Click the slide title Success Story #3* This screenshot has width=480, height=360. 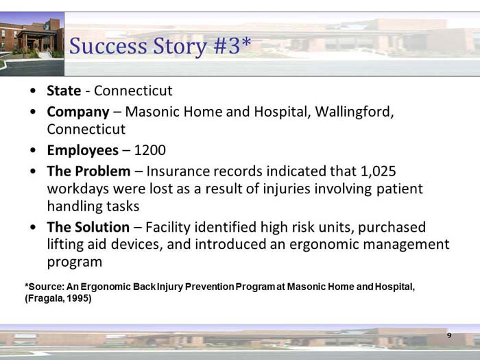(x=160, y=47)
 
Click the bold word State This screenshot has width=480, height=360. (x=64, y=91)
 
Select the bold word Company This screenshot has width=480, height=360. (x=77, y=111)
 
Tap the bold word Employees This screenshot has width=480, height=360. (x=82, y=150)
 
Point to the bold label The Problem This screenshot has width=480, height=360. (x=88, y=171)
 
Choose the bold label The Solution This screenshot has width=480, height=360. (x=88, y=227)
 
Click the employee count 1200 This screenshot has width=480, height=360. (x=150, y=150)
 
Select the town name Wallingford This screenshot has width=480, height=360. (x=353, y=111)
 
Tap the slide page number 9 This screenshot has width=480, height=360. (x=449, y=335)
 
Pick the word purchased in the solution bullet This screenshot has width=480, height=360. (x=392, y=227)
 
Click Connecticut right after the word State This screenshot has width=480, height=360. (x=133, y=91)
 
